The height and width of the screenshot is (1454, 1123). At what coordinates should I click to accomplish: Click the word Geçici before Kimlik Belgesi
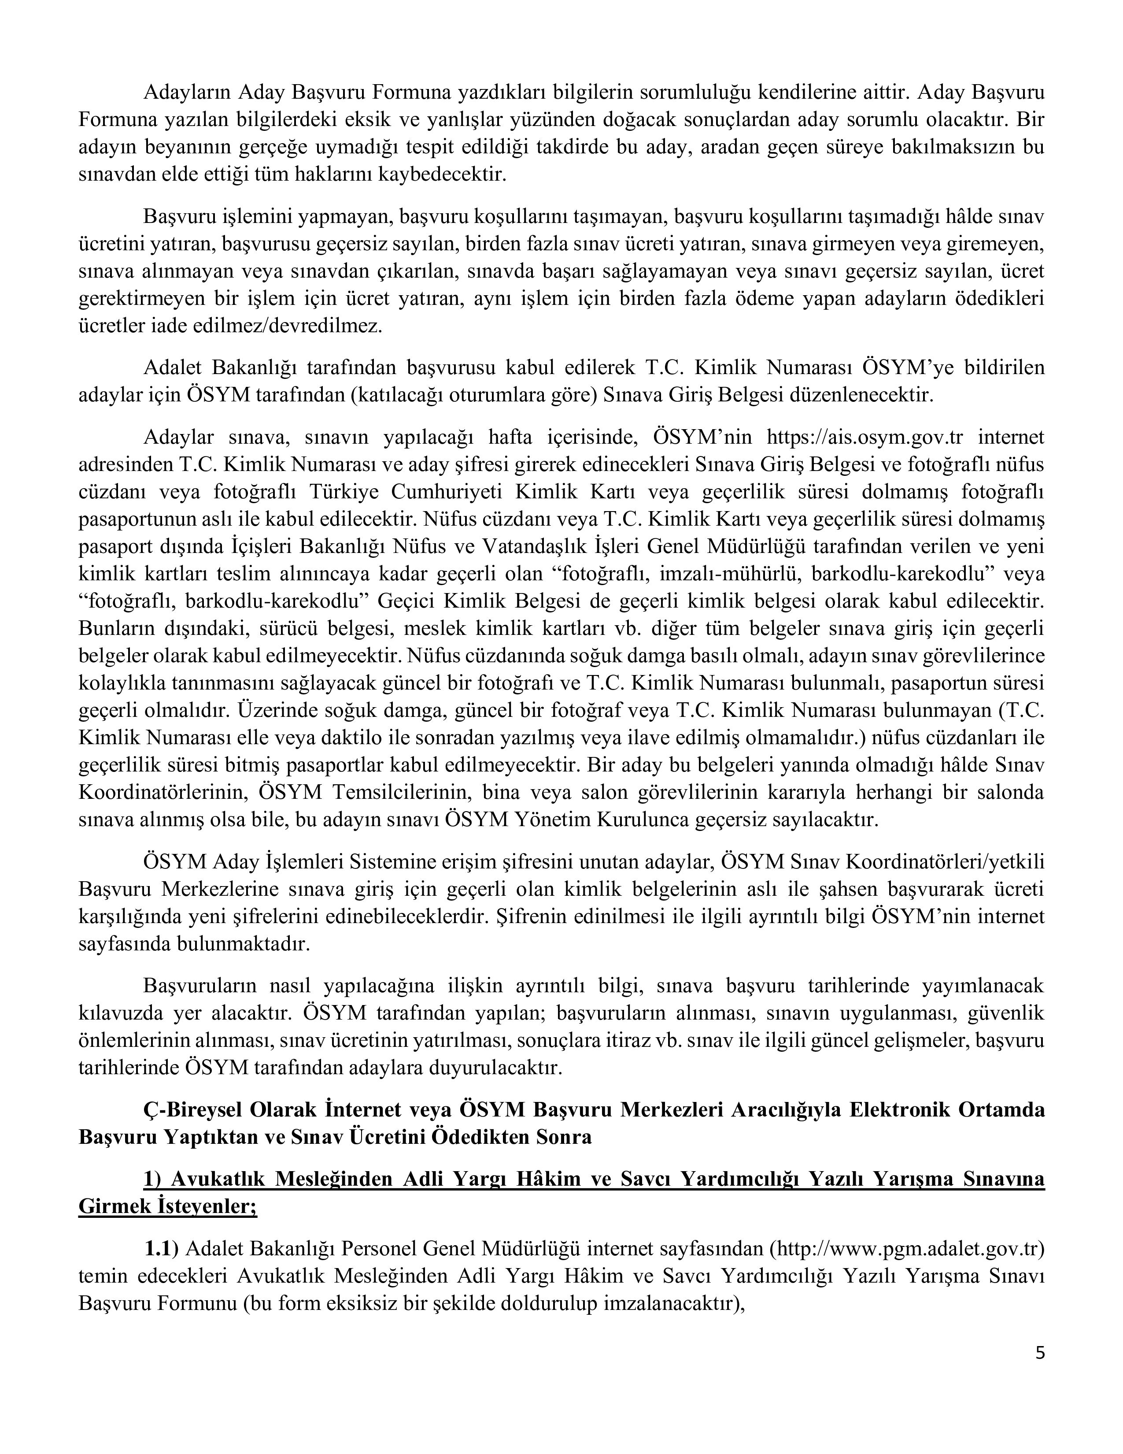click(x=406, y=601)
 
